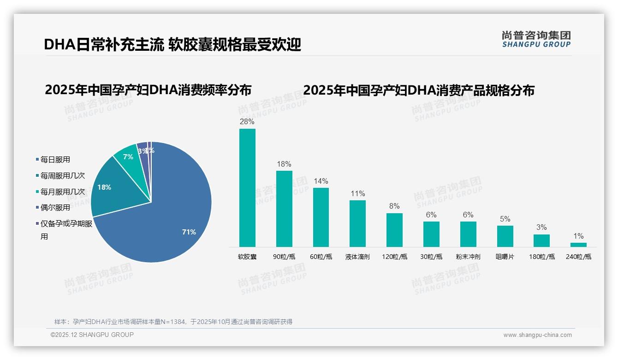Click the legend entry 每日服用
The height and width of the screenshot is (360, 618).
55,160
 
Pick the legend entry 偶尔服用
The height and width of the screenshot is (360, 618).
55,208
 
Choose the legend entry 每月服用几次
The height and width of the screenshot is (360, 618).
62,192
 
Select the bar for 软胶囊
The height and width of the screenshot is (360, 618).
247,187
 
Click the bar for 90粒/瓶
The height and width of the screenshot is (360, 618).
284,209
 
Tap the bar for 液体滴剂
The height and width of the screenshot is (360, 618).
357,223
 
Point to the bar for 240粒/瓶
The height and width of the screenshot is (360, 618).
578,245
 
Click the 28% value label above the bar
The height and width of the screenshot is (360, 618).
247,122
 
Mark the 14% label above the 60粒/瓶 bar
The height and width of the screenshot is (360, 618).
321,181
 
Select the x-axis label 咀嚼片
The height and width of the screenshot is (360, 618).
505,257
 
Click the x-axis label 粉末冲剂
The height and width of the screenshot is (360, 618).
468,257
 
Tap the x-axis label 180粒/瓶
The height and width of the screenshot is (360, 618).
542,257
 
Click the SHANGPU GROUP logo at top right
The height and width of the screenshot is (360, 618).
536,39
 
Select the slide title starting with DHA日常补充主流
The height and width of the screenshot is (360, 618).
172,44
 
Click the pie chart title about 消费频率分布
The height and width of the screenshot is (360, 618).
148,90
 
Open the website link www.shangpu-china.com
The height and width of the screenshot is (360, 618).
537,335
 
